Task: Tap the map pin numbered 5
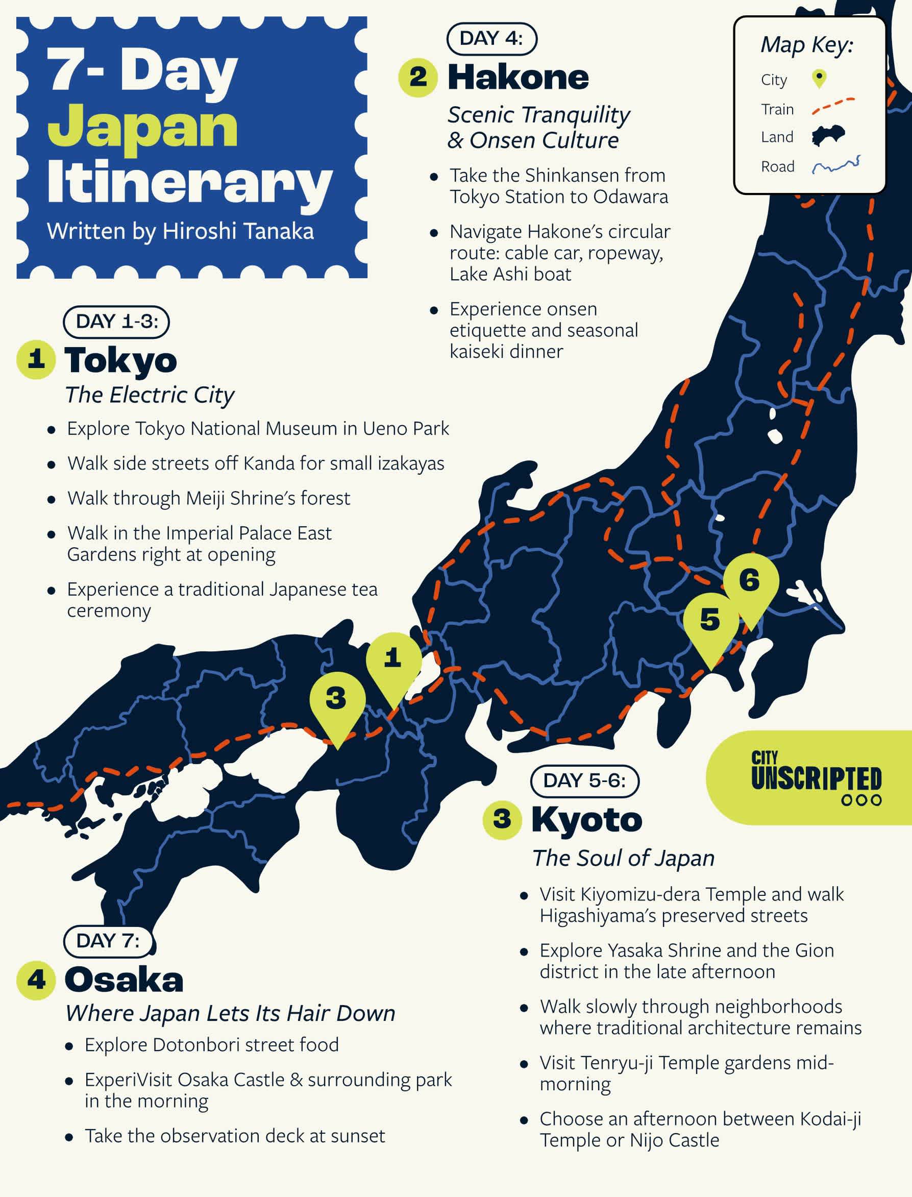coord(710,623)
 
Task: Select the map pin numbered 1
coord(393,662)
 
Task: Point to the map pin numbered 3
coord(336,701)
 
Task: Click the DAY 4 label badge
coord(491,39)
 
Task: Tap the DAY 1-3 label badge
coord(117,322)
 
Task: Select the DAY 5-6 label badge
coord(584,780)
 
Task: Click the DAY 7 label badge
coord(109,941)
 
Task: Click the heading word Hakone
coord(518,78)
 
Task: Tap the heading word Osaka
coord(124,980)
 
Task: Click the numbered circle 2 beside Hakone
coord(417,78)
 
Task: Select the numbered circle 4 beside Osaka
coord(36,980)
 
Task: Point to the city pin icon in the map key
coord(819,79)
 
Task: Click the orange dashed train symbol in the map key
coord(833,107)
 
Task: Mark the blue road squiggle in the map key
coord(836,165)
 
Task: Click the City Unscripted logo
coord(816,778)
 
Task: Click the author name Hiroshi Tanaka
coord(238,232)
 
